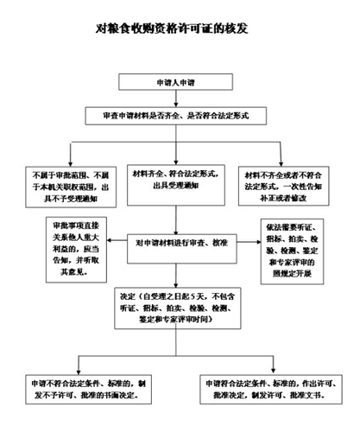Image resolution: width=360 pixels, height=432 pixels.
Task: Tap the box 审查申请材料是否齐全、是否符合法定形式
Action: click(x=179, y=115)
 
